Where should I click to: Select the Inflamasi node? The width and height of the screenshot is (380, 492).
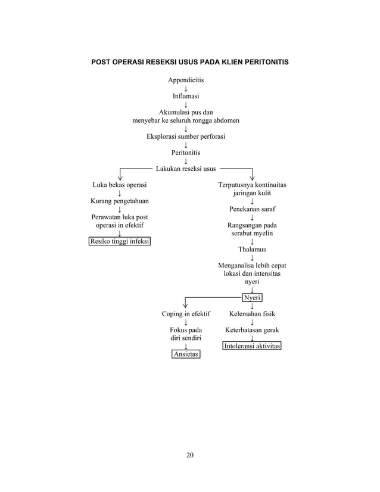coord(186,95)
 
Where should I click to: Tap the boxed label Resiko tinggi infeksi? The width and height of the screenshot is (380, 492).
coord(120,241)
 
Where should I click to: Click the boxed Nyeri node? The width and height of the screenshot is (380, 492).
coord(253,298)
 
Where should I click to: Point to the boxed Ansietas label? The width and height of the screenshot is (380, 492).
coord(186,354)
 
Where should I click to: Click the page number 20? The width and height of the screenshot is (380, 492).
coord(190,456)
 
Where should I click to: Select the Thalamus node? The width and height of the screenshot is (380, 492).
coord(253,250)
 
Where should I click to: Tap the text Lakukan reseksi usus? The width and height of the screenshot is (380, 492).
coord(186,169)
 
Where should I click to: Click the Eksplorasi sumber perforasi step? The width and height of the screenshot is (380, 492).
coord(186,136)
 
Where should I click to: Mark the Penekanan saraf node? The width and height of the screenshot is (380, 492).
coord(253,210)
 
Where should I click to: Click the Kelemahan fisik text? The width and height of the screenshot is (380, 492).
coord(252,313)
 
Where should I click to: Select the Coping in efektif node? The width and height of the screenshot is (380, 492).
coord(186,313)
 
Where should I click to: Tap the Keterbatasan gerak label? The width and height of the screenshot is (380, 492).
coord(252,329)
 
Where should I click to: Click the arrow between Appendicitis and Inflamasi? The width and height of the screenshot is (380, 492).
coord(186,88)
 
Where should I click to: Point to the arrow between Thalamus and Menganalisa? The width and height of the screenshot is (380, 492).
coord(253,258)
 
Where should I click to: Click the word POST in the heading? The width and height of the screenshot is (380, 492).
coord(100,62)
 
